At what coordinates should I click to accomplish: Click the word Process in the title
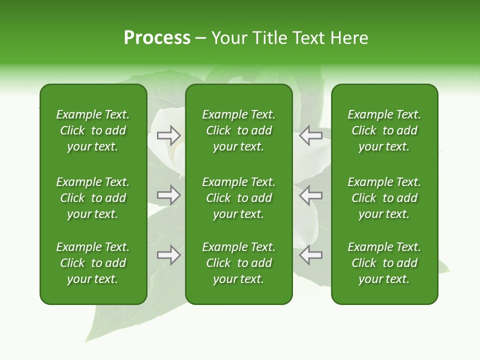tap(157, 38)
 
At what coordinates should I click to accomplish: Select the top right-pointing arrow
tap(169, 135)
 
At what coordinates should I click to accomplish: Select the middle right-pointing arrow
tap(169, 195)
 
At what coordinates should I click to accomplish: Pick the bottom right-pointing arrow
tap(169, 255)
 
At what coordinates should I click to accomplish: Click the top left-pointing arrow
tap(310, 135)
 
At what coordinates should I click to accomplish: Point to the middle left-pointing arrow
tap(310, 195)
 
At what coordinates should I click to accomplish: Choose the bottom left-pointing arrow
tap(310, 255)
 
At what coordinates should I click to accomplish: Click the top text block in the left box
tap(93, 130)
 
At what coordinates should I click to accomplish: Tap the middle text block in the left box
tap(93, 198)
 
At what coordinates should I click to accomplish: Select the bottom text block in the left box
tap(93, 263)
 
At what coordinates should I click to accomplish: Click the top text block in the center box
tap(238, 130)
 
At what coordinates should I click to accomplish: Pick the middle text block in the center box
tap(238, 198)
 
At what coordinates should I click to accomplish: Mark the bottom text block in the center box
tap(238, 263)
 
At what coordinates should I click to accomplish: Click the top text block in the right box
tap(384, 130)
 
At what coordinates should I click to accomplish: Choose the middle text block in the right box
tap(384, 198)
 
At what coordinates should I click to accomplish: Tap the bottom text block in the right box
tap(384, 263)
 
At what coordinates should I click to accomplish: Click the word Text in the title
tap(306, 38)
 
